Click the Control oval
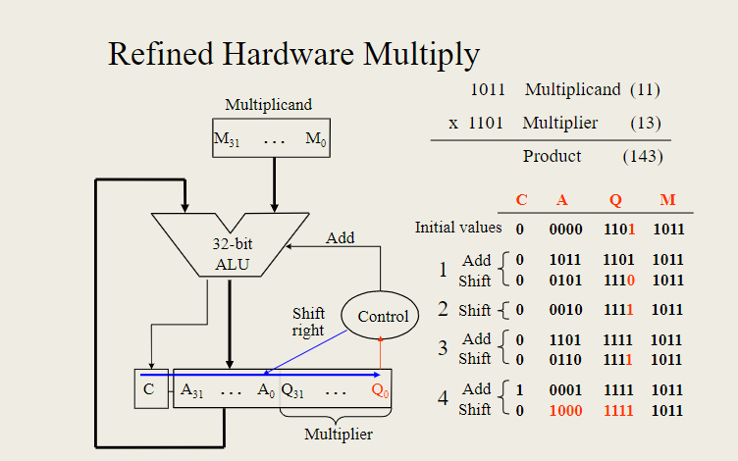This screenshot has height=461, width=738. [x=382, y=316]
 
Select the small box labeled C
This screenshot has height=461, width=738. [x=150, y=389]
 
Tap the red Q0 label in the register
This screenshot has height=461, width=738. [x=379, y=389]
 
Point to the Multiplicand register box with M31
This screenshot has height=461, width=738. [x=272, y=139]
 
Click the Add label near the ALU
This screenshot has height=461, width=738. [x=340, y=237]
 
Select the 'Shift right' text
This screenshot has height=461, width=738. [x=308, y=322]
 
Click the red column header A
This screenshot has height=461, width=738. [x=562, y=200]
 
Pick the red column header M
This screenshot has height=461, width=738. [x=667, y=200]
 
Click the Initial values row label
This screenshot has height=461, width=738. [x=457, y=228]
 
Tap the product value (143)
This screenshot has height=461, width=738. [x=643, y=156]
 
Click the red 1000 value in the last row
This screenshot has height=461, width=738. [x=565, y=410]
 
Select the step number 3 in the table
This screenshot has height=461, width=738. [x=443, y=348]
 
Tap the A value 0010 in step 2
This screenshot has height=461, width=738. [x=565, y=310]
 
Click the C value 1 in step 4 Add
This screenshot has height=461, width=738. [x=519, y=390]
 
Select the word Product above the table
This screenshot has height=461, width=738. [x=552, y=156]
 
